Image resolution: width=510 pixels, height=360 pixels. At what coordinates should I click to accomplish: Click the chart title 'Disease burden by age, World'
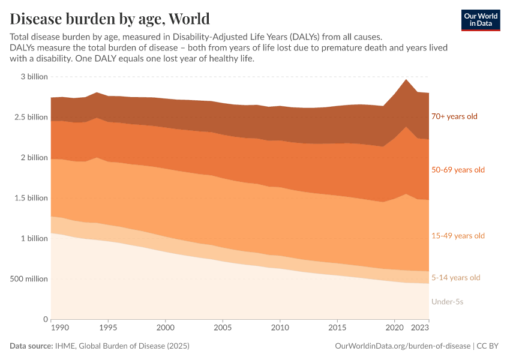coord(110,17)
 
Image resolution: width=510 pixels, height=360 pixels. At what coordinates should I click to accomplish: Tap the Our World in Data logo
coord(480,19)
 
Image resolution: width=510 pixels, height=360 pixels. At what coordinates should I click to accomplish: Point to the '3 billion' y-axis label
coord(34,77)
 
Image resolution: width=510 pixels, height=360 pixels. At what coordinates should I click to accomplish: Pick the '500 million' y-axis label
coord(29,279)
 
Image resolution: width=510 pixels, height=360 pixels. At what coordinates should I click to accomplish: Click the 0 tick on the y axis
coord(46,319)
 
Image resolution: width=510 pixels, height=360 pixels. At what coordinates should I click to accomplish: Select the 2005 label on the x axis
coord(223,328)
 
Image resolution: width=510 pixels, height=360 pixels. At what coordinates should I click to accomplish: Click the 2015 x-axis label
coord(337,328)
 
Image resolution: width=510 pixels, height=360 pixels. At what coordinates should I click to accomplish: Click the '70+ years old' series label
coord(454,116)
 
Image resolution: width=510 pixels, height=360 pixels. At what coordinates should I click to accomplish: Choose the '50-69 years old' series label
coord(458,170)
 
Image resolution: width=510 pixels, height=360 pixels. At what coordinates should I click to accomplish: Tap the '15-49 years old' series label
coord(458,236)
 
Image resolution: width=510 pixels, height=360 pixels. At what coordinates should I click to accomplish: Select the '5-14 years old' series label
coord(456,278)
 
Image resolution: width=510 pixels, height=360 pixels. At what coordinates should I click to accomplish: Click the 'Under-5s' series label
coord(447,302)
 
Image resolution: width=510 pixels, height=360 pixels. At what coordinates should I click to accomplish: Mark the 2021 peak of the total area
coord(406,79)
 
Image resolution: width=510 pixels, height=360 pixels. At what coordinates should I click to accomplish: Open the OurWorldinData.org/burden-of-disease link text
coord(401,346)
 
